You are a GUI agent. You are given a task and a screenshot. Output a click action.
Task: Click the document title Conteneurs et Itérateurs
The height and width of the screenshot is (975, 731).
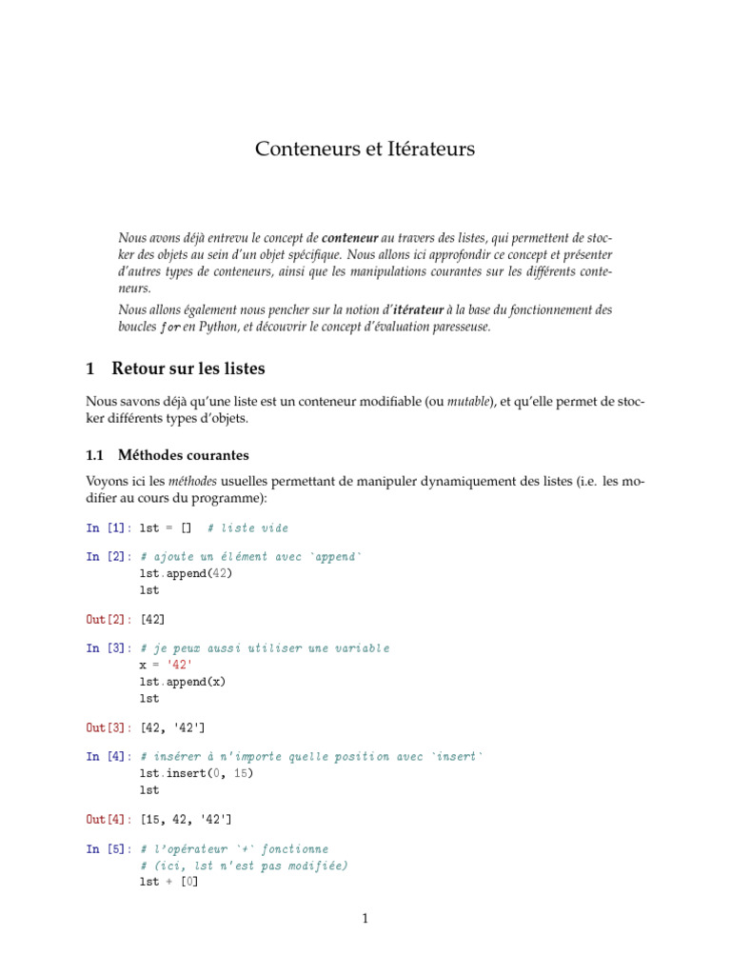[365, 149]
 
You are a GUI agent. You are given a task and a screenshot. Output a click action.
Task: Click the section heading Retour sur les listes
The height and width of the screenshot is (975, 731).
[188, 368]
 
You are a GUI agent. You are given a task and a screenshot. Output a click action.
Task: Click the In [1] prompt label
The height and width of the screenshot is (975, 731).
[109, 527]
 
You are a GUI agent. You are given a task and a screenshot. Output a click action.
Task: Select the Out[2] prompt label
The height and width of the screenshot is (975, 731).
[109, 620]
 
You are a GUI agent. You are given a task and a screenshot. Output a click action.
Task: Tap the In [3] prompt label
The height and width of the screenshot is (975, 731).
[109, 648]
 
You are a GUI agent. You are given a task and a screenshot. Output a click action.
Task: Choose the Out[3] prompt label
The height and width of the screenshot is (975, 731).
[109, 727]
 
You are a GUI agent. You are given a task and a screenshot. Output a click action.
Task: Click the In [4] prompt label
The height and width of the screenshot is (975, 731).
[109, 756]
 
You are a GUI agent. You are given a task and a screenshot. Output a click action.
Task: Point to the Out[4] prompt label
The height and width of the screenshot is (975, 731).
[109, 819]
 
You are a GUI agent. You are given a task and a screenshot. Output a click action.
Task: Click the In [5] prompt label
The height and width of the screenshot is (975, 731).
[109, 848]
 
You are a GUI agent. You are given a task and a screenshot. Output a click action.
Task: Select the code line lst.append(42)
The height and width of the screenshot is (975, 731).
[186, 573]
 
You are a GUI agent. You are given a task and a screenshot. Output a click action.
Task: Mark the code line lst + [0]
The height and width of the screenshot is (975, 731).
[169, 882]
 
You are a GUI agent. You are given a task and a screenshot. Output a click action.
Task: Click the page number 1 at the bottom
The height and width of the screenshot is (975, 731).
[365, 919]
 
